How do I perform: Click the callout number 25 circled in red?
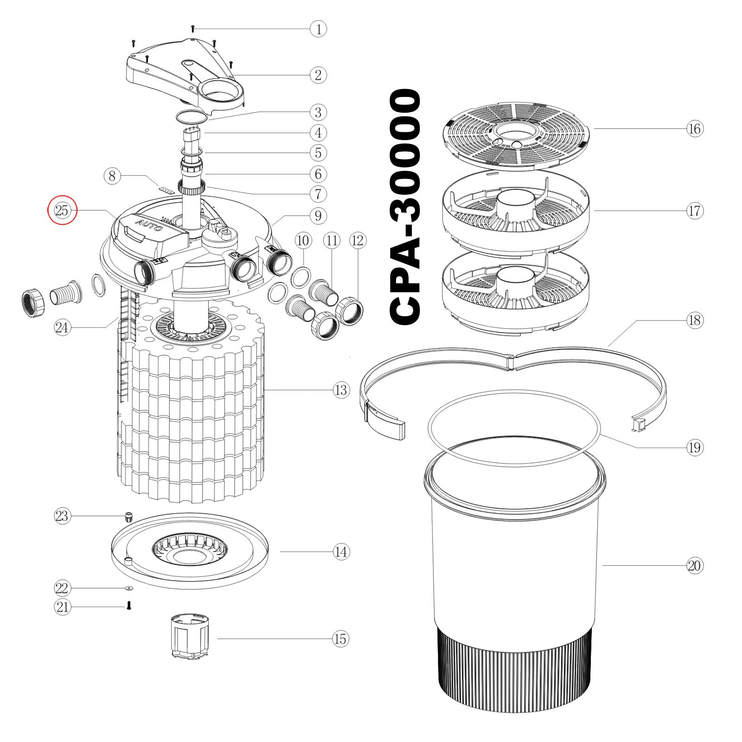point(62,211)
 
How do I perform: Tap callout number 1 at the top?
point(318,29)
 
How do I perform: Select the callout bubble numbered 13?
point(341,390)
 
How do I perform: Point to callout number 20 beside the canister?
point(694,566)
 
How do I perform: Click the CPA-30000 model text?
point(406,206)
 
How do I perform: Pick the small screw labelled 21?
point(129,605)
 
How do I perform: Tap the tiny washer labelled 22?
point(129,588)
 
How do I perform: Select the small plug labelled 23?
point(129,516)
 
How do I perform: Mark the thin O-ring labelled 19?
point(514,427)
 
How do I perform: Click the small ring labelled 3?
point(191,116)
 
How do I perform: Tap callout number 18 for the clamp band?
point(694,320)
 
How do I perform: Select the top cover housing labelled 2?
point(185,74)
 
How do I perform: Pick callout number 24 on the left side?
point(62,328)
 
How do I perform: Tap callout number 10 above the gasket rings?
point(303,241)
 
